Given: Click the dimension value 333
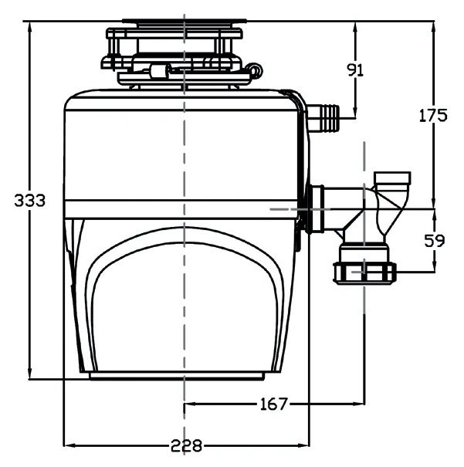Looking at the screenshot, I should [31, 201].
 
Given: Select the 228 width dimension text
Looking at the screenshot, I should [186, 446].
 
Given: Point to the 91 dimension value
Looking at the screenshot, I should [355, 70].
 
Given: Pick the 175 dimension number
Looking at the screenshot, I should [432, 116].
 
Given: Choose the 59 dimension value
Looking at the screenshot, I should [435, 240].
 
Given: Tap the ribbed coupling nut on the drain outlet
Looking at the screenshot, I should [364, 272].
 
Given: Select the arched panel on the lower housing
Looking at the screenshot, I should [184, 309].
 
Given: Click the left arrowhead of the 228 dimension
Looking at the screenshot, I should [68, 445].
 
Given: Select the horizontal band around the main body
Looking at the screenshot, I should [184, 208].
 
